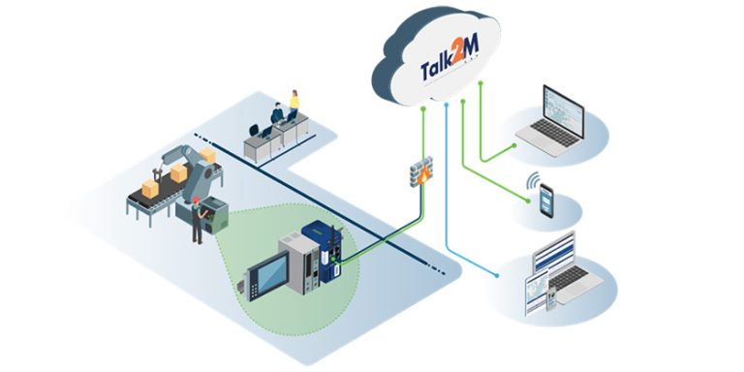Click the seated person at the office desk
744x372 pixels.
click(277, 116)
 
